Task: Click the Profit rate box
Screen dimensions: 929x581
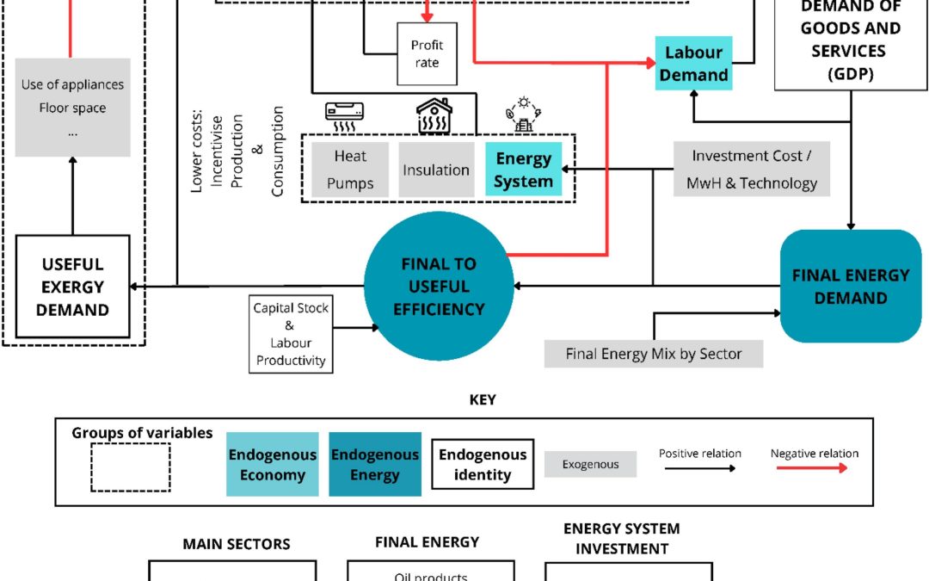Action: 427,54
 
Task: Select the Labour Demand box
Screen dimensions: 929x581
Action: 693,64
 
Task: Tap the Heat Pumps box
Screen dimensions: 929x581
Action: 350,170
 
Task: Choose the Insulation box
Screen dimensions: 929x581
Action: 436,170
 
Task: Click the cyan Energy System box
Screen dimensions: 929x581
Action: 523,170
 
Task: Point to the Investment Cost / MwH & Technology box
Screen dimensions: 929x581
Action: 751,169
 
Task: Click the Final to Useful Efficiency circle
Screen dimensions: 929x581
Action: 439,287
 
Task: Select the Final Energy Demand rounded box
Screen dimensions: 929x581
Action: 851,287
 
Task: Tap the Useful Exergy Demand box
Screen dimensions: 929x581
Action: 72,287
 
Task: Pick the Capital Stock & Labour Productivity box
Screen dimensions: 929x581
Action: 291,334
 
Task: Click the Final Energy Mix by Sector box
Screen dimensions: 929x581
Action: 654,354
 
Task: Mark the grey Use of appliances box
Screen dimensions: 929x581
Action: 72,108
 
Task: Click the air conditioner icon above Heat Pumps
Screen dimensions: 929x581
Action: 344,117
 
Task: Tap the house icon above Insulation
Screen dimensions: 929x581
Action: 434,115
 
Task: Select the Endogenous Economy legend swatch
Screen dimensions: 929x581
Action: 273,464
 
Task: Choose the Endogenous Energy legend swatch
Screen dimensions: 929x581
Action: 375,464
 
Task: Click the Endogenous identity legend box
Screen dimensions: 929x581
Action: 483,464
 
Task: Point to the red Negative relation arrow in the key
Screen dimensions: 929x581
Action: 812,468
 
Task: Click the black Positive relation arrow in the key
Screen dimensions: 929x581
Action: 700,468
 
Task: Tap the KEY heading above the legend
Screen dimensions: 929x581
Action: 483,400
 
